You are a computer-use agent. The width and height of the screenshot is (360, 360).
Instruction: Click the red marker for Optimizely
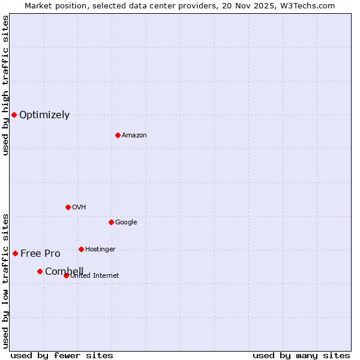point(14,115)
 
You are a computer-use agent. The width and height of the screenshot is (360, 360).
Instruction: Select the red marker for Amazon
point(118,135)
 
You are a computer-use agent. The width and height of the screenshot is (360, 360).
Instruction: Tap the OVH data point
point(68,207)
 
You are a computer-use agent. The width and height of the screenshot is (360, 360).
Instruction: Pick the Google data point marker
point(111,222)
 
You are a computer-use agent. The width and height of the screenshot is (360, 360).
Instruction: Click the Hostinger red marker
point(81,249)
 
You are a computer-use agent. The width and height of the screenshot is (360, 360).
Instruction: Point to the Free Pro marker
point(15,253)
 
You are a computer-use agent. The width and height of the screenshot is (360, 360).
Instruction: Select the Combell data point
point(40,271)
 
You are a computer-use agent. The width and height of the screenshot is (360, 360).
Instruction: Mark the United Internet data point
point(66,275)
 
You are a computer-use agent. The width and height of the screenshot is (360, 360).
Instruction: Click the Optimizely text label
point(44,115)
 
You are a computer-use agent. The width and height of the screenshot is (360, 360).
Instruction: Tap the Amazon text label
point(134,136)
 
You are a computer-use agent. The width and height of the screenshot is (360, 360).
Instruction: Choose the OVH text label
point(79,208)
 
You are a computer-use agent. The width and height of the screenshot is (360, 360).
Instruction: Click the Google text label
point(126,223)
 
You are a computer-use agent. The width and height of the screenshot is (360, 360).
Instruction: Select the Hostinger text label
point(100,250)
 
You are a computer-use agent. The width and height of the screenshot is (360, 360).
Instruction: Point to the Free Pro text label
point(40,254)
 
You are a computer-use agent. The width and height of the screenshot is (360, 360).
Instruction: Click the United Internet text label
point(94,276)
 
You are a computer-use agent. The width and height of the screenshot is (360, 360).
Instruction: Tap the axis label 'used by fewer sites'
point(62,356)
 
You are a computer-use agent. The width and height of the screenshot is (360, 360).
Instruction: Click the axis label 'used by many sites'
point(301,356)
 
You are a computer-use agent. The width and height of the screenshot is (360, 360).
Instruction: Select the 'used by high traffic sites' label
point(5,85)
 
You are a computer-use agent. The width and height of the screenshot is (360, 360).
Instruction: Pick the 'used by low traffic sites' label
point(5,281)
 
